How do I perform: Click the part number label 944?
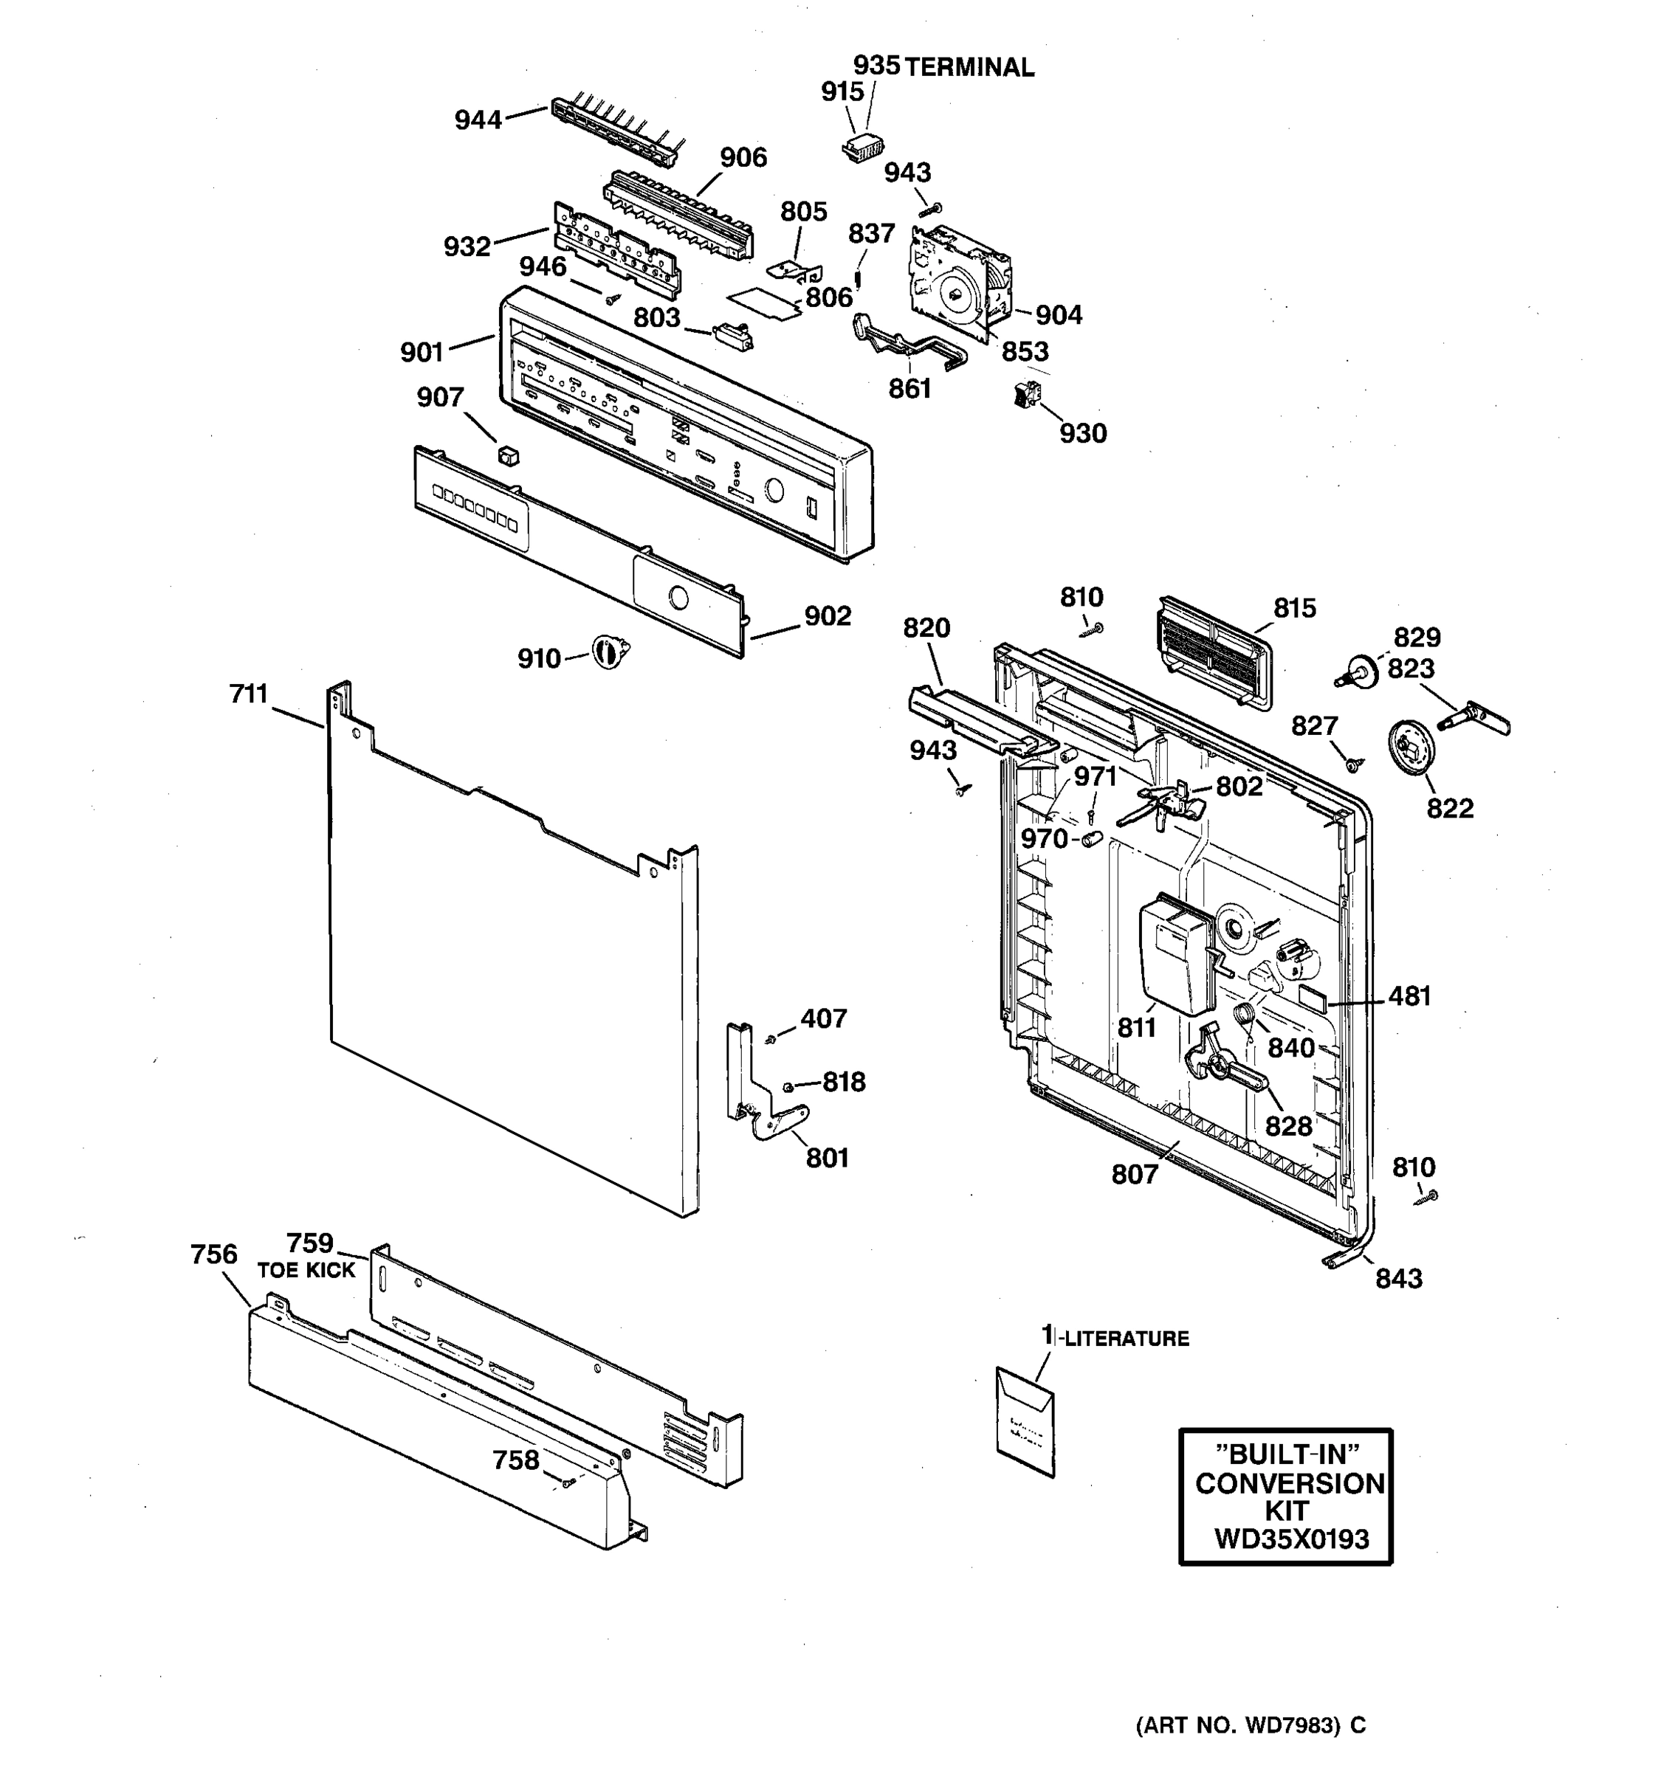click(x=478, y=120)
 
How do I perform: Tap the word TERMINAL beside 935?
click(x=969, y=68)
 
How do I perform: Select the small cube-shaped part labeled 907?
click(x=509, y=456)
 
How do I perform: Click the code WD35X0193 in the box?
click(x=1291, y=1539)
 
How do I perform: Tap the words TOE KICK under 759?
click(x=306, y=1271)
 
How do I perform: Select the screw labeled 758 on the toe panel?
click(x=568, y=1482)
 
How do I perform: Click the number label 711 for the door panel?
click(x=249, y=693)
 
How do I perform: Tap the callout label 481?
click(x=1410, y=996)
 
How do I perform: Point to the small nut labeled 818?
click(x=788, y=1086)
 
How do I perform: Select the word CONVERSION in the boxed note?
click(x=1290, y=1483)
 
